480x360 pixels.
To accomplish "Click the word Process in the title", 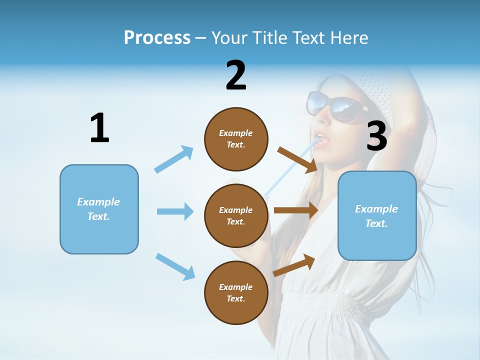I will [157, 38].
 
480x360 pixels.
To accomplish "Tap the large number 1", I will [99, 128].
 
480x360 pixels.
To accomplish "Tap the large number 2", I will [236, 75].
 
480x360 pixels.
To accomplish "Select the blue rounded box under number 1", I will [99, 209].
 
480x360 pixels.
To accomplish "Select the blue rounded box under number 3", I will [377, 216].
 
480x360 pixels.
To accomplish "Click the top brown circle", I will [236, 139].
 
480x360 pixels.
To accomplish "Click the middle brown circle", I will [236, 215].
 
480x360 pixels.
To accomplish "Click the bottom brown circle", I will [236, 292].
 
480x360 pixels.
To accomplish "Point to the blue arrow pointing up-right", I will [174, 159].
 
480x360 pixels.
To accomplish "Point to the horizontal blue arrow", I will [175, 211].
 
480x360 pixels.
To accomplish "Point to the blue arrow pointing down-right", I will [175, 266].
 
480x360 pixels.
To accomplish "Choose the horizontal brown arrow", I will [296, 210].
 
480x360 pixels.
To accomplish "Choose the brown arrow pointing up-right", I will [294, 265].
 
